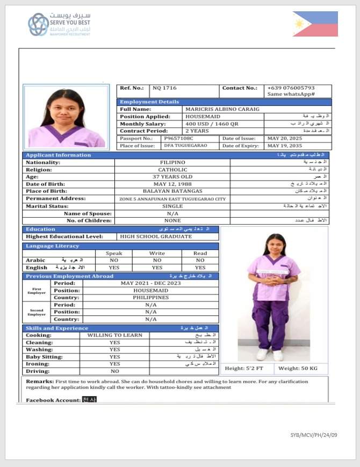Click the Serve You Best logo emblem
(38, 25)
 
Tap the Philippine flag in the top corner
(315, 24)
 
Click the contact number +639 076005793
(291, 88)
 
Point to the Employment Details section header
(149, 102)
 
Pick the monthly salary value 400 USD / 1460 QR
(211, 124)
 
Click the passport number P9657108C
(178, 138)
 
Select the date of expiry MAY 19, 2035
(284, 146)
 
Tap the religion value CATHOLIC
(172, 169)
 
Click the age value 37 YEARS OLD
(172, 177)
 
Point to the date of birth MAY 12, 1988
(172, 184)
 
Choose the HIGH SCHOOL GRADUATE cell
(156, 236)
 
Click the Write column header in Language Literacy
(156, 253)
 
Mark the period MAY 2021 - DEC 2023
(151, 283)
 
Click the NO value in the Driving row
(114, 371)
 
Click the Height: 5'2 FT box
(248, 368)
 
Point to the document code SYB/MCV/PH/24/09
(314, 435)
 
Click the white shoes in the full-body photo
(270, 355)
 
